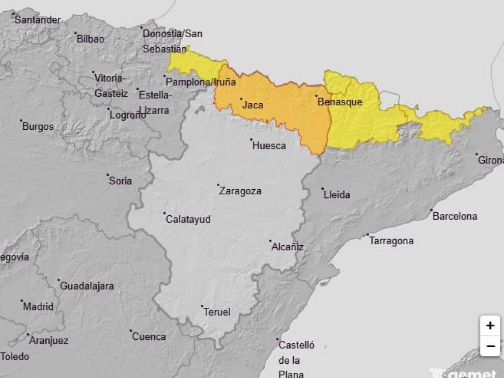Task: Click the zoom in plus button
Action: [490, 326]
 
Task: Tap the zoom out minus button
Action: [490, 346]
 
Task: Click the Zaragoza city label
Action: [240, 191]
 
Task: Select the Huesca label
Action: [269, 146]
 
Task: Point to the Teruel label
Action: [217, 312]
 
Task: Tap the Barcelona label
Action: [455, 216]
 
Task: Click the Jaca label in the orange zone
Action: [253, 105]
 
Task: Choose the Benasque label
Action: [340, 102]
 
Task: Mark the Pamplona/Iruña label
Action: [201, 82]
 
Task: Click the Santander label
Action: [38, 20]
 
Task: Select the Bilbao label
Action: [90, 39]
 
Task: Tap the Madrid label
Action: [38, 307]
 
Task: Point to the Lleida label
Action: [337, 195]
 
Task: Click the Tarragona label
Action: [391, 241]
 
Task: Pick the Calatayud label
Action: [188, 220]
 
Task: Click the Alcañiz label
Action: [288, 247]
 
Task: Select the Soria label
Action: [120, 181]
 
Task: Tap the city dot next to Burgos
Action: [21, 121]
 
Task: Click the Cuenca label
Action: [149, 337]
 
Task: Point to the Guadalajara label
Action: [87, 286]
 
